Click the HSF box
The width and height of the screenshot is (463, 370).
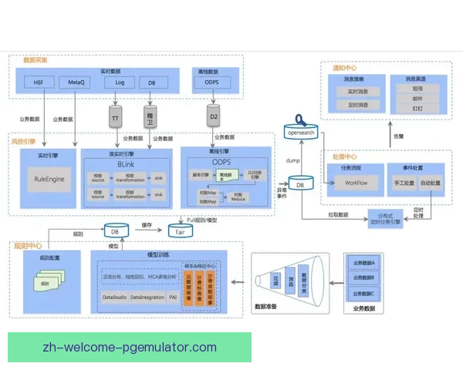pyautogui.click(x=39, y=82)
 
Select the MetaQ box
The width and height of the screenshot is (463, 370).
pyautogui.click(x=77, y=82)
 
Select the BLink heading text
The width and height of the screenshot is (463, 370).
pyautogui.click(x=127, y=165)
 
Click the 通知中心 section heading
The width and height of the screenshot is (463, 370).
pyautogui.click(x=345, y=68)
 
